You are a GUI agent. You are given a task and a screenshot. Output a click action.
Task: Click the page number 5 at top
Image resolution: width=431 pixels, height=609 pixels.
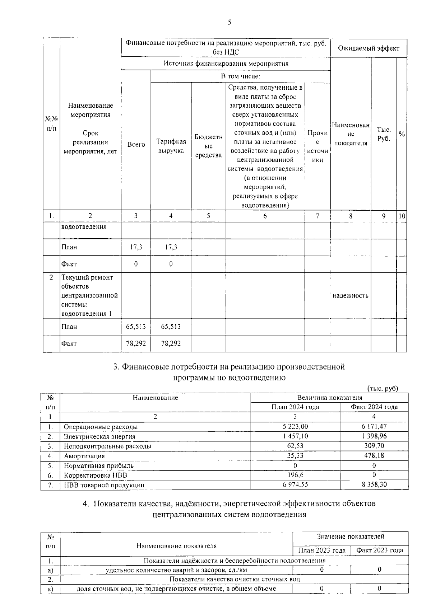point(230,22)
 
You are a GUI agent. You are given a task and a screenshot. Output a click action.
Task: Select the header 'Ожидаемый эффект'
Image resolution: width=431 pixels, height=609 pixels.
point(369,48)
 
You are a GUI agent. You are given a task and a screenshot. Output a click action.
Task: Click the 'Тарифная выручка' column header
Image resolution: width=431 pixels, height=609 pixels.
point(171,146)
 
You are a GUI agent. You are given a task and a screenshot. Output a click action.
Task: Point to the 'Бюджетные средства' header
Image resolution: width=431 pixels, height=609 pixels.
point(208,146)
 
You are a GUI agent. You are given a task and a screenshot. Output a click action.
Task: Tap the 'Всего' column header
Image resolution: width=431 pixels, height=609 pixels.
point(136,144)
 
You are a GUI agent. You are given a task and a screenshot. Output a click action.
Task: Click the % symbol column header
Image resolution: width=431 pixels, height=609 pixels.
point(402,134)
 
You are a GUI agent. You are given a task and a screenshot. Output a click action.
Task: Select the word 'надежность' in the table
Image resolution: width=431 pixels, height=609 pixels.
point(351,296)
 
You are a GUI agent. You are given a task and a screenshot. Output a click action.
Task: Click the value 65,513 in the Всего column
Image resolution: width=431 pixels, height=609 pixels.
point(136,327)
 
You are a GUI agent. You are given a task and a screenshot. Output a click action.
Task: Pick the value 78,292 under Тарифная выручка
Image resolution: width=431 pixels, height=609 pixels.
point(171,343)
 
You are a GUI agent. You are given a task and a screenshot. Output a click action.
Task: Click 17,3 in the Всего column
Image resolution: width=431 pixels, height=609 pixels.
point(136,247)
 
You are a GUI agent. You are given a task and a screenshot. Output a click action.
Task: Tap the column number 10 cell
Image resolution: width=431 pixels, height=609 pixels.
point(402,216)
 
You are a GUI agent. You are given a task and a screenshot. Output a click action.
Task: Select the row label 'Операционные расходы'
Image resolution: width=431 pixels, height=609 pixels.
point(101,427)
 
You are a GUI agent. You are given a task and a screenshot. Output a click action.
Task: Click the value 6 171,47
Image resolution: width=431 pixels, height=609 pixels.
point(374,427)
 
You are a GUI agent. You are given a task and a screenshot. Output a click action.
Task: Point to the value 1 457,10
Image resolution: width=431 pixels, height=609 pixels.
point(295,436)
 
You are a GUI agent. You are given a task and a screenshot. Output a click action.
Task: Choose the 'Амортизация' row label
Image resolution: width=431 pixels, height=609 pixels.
point(84,456)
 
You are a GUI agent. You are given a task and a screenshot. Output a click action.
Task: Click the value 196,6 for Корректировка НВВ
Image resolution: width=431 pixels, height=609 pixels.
point(295,475)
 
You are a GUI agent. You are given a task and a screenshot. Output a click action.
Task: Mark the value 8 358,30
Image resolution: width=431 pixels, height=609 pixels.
point(374,485)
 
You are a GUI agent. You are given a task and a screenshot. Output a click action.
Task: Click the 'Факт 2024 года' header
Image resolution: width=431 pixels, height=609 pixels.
point(374,407)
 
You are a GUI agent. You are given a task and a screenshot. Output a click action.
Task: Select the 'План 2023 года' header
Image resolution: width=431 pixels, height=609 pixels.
point(322,550)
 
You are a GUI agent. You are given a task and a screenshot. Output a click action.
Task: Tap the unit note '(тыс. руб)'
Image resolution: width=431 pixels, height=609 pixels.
point(383,388)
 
